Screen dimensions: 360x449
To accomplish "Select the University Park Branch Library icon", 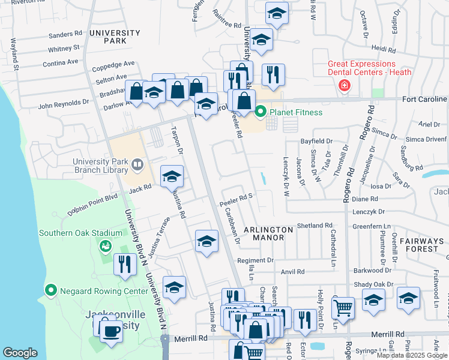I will [137, 164].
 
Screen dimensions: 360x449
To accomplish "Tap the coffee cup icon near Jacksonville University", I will [111, 331].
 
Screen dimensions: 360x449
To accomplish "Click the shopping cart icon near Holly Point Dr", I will [343, 307].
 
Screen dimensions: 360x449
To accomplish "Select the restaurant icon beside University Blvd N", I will [125, 264].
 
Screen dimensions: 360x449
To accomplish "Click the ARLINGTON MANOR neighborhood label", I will [268, 233].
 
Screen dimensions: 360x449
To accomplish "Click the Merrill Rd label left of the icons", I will [191, 338].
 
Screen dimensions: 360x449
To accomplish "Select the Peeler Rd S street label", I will [239, 196].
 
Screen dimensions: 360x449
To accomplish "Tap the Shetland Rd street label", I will [314, 225].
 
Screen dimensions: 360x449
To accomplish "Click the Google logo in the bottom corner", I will [20, 353].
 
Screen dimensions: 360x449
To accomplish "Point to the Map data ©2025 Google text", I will [412, 355].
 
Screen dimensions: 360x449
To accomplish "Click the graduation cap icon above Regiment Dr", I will [206, 241].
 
